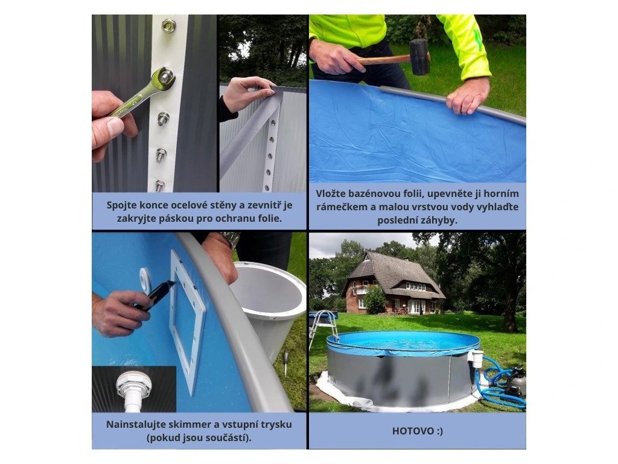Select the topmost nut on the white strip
(x=169, y=25)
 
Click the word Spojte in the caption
(x=120, y=205)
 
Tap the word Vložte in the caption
(x=329, y=194)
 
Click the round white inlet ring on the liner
(x=145, y=279)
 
